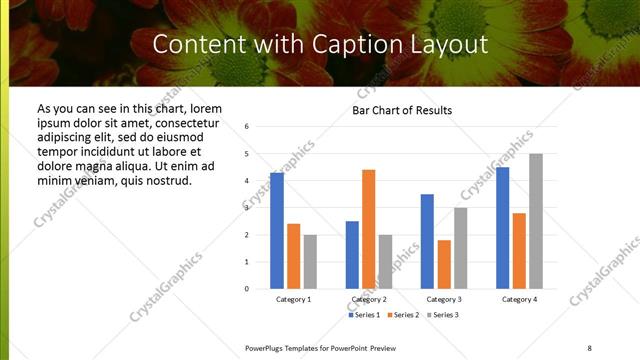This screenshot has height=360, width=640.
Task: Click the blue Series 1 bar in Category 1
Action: (277, 230)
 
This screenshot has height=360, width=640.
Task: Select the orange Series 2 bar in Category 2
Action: (368, 229)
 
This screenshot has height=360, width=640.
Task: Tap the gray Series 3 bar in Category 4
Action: (535, 221)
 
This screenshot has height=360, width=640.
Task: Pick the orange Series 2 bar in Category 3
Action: (444, 264)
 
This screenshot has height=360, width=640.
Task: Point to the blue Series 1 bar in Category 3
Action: (427, 241)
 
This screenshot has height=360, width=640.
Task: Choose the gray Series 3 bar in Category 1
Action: (310, 261)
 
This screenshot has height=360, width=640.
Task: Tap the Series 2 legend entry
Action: (403, 315)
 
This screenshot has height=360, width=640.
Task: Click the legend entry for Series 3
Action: (442, 315)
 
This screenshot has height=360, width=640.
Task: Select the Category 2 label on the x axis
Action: (368, 300)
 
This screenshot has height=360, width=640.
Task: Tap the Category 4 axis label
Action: (518, 300)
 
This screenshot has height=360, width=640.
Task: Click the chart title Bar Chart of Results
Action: (402, 110)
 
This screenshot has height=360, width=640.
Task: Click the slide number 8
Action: (588, 347)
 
